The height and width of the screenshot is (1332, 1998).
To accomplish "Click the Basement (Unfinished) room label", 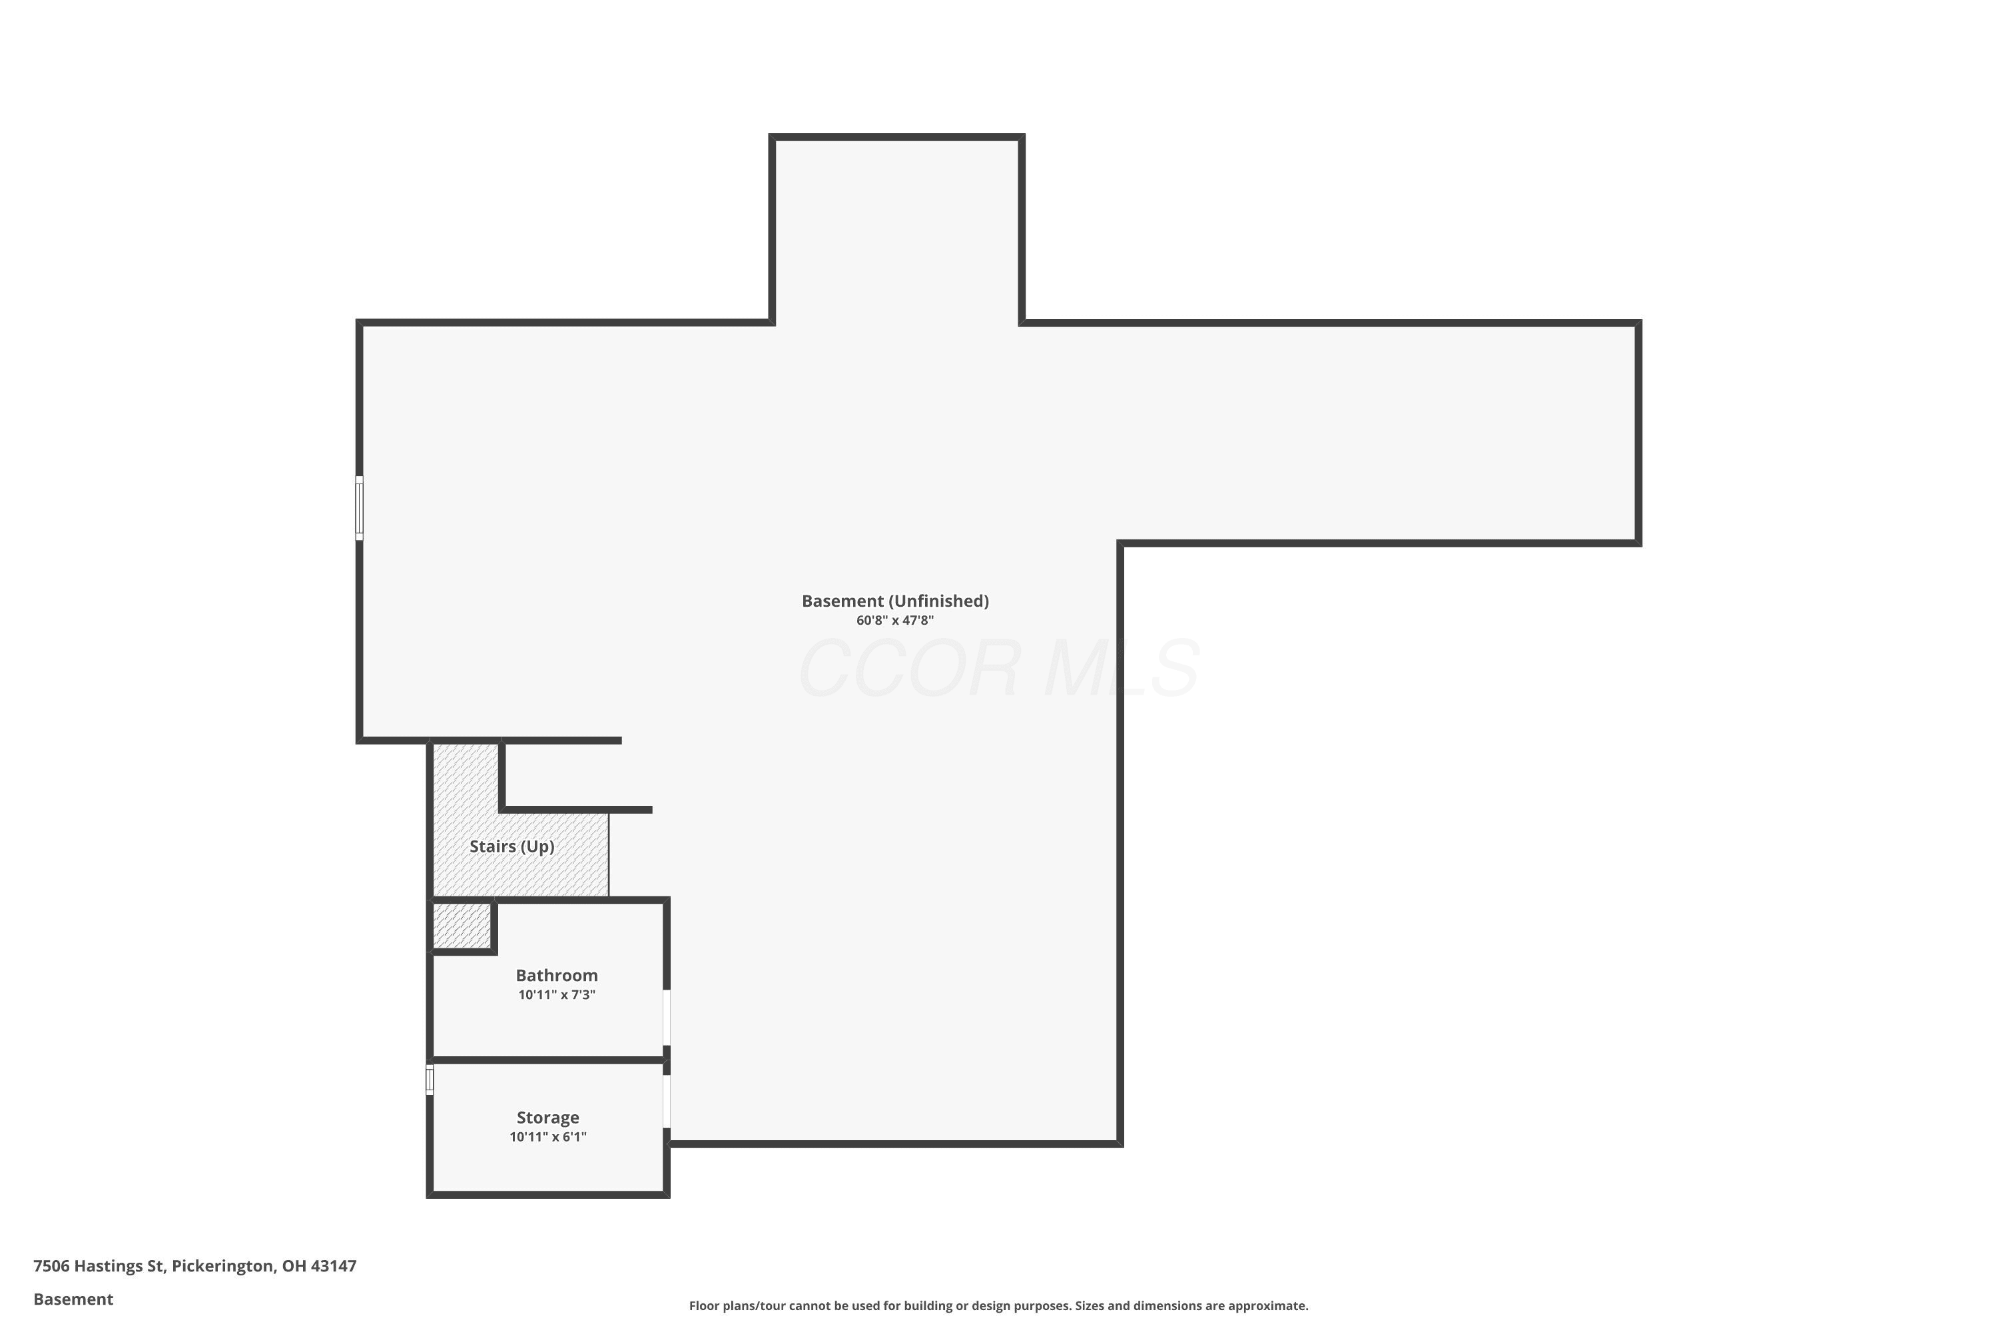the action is (895, 601).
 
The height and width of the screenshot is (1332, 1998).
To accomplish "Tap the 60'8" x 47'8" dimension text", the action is (895, 621).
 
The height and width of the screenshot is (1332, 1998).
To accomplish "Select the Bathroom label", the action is (556, 975).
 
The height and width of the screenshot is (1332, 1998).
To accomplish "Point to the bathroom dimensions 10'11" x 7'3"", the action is (556, 995).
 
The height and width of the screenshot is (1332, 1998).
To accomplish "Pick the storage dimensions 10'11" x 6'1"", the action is (548, 1138).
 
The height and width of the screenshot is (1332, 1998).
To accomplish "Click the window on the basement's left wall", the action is (360, 508).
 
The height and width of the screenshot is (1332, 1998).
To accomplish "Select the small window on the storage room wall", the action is (430, 1080).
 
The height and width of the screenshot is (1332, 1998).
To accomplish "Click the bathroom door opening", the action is (667, 1018).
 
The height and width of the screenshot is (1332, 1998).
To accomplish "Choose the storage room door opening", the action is (667, 1102).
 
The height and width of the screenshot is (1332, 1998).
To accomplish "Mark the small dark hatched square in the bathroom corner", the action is (462, 925).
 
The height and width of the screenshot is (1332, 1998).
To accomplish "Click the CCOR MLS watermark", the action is (999, 669).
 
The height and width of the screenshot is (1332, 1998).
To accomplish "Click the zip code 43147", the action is (334, 1267).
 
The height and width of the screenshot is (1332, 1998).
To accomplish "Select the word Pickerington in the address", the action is (223, 1267).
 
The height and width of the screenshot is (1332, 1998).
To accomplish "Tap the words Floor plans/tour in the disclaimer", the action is (737, 1305).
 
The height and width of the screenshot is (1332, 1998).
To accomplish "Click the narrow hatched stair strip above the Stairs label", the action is (466, 777).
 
